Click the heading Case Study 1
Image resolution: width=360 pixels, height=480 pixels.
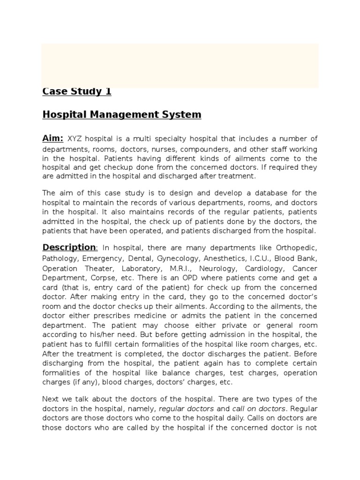(77, 91)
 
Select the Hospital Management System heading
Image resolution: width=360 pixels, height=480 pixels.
(121, 114)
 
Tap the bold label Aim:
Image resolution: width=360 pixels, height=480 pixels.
(53, 138)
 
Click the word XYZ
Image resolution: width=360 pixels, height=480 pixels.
(75, 139)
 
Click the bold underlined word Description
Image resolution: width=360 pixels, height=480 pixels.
(69, 247)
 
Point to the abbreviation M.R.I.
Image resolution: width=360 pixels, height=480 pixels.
(179, 269)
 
